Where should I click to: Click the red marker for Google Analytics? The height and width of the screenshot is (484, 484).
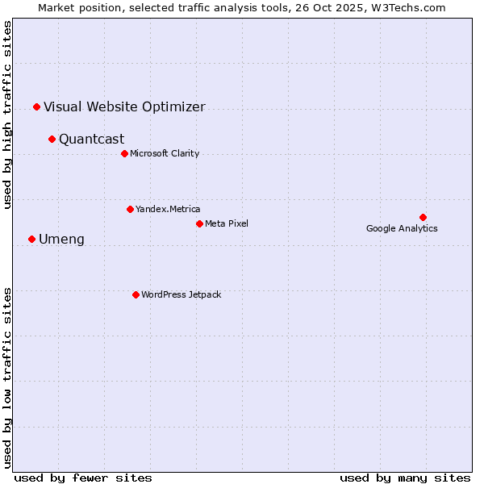point(423,217)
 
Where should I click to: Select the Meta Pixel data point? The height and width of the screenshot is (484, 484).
point(199,223)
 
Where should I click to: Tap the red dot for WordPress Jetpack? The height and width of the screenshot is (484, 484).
point(136,294)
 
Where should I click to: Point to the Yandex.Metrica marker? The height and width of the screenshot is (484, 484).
point(130,209)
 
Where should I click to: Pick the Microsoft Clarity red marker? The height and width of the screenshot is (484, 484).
point(124,153)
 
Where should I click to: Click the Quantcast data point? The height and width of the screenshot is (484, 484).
point(52,139)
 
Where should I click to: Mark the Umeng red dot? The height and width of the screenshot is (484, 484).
point(31,239)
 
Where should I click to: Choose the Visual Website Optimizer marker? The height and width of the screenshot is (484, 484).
point(36,106)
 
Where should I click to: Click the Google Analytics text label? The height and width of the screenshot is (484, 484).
point(402,228)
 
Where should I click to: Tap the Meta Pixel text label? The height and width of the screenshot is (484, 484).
point(227,223)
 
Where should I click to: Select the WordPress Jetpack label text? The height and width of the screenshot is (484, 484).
point(181,294)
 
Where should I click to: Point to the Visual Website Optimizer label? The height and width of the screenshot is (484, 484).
point(124,106)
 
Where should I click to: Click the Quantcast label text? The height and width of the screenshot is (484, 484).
point(91,139)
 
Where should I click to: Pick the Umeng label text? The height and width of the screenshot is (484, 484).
point(61,239)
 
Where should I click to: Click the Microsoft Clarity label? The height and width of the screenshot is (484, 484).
point(165,153)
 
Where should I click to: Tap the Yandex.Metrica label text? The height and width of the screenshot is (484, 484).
point(168,209)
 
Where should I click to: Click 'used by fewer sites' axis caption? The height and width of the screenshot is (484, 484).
point(83,478)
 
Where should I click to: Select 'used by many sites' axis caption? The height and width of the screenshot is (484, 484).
point(405,478)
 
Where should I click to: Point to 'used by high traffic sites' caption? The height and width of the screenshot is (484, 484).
point(8,115)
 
